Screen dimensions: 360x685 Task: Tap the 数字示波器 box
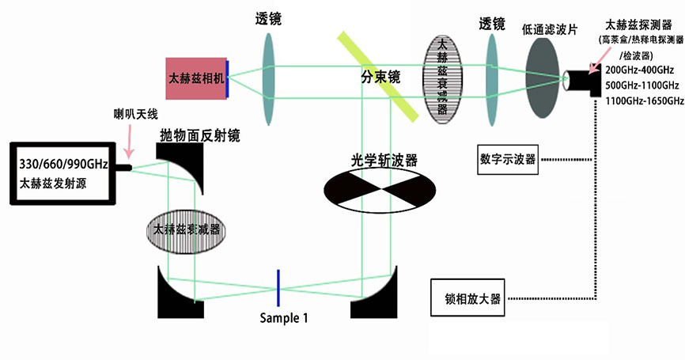tap(508, 158)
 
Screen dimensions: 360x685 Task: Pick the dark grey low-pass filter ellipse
tap(543, 79)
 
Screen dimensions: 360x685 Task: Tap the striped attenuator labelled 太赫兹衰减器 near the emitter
tap(187, 229)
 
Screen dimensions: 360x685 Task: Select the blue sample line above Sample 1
tap(278, 287)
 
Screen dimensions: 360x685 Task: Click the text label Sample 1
tap(283, 318)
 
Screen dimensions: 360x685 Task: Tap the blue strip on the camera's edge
tap(228, 78)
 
